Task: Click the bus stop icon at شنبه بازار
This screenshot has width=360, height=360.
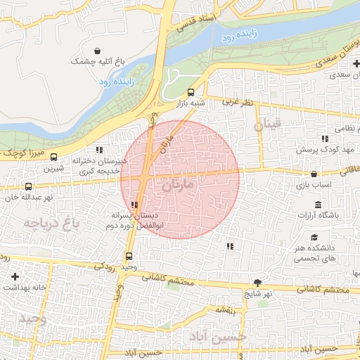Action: click(191, 92)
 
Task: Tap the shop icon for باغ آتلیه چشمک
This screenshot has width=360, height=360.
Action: click(105, 51)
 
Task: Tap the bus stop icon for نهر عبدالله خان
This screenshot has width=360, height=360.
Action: click(28, 187)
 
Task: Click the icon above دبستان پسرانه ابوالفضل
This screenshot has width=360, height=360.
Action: click(134, 205)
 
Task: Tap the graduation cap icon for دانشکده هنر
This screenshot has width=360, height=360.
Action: click(314, 238)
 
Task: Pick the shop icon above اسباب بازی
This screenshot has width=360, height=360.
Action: click(314, 173)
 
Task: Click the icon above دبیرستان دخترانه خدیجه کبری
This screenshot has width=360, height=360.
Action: click(99, 150)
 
